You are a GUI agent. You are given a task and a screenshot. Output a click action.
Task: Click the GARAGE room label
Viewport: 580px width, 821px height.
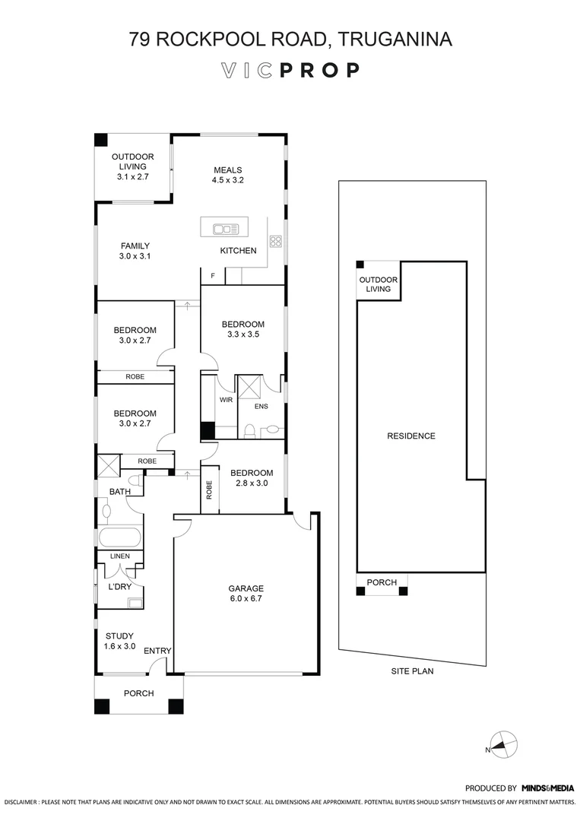246,594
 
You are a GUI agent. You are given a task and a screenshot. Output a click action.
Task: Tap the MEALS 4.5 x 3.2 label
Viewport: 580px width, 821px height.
227,175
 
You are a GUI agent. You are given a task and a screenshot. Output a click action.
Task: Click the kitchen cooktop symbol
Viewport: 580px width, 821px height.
276,242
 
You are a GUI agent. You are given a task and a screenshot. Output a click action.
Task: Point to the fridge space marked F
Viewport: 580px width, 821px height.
212,275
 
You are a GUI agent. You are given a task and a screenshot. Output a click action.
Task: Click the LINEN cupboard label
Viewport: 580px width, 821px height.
119,556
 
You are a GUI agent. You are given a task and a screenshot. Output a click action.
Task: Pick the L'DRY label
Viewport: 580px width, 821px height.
119,587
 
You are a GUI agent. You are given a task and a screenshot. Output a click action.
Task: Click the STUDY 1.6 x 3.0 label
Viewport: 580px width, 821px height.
119,641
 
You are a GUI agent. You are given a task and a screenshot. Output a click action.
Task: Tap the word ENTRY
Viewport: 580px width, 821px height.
157,651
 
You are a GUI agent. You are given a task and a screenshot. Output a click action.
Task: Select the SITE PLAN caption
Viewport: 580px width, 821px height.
412,671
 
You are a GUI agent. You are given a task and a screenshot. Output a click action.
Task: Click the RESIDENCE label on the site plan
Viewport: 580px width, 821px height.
411,436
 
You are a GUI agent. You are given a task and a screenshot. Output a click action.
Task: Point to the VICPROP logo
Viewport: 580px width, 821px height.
290,71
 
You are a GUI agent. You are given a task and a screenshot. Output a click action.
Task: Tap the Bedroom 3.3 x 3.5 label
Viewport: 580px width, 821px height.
243,328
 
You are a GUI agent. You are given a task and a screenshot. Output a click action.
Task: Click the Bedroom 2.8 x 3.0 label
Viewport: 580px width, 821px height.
251,477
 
